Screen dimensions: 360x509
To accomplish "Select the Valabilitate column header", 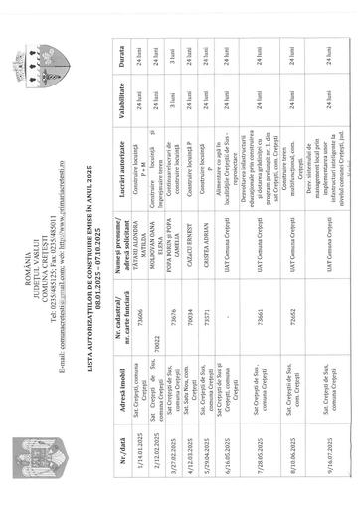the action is pos(261,69).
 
